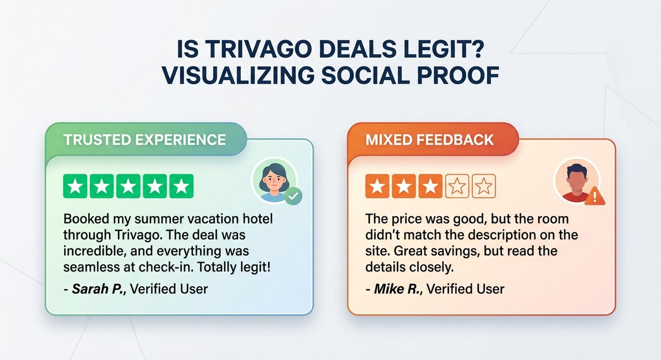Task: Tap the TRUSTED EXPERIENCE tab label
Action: click(x=145, y=139)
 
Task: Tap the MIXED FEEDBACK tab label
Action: click(x=430, y=139)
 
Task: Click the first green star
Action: click(x=77, y=187)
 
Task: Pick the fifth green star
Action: click(x=181, y=187)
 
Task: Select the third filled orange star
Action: click(x=430, y=187)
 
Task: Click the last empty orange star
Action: click(x=484, y=187)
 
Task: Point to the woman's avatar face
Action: click(x=274, y=177)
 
